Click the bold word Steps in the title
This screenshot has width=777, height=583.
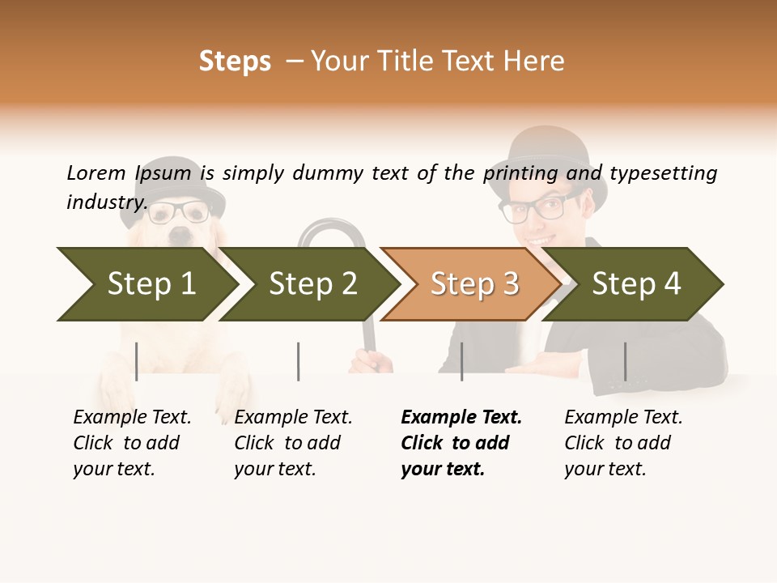235,62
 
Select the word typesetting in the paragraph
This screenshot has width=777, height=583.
663,173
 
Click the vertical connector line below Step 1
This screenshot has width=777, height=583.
136,361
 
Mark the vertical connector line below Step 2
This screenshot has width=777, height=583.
299,361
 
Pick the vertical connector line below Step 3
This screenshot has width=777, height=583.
461,361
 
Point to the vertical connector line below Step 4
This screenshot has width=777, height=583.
625,361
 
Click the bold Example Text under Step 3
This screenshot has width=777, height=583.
461,417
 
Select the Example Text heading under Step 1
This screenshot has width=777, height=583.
132,417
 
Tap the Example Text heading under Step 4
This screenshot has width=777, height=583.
623,417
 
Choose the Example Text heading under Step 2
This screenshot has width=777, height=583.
293,417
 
